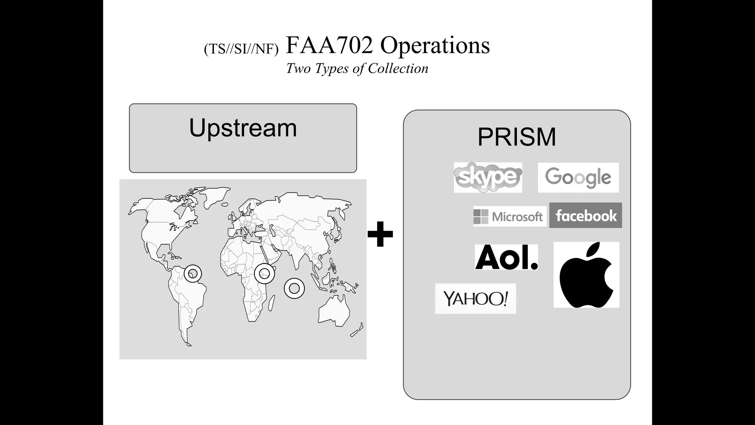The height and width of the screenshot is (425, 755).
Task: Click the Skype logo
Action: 488,177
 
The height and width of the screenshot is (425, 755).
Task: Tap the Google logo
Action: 578,178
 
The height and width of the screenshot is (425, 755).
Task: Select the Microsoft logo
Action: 509,217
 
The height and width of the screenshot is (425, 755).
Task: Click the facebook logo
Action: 585,215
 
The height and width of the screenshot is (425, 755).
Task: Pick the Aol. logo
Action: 507,257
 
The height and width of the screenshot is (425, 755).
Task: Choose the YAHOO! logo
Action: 476,298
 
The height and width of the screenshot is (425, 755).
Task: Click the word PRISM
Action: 516,137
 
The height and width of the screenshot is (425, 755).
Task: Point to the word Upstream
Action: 243,128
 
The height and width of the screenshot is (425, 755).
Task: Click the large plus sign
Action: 380,234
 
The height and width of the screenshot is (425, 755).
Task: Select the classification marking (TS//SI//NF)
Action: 241,49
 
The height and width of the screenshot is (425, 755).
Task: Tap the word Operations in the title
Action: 435,45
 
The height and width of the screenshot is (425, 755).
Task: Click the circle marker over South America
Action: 192,274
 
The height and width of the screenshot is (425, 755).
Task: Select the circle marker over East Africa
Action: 264,273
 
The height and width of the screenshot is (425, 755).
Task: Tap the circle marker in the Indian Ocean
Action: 294,288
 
